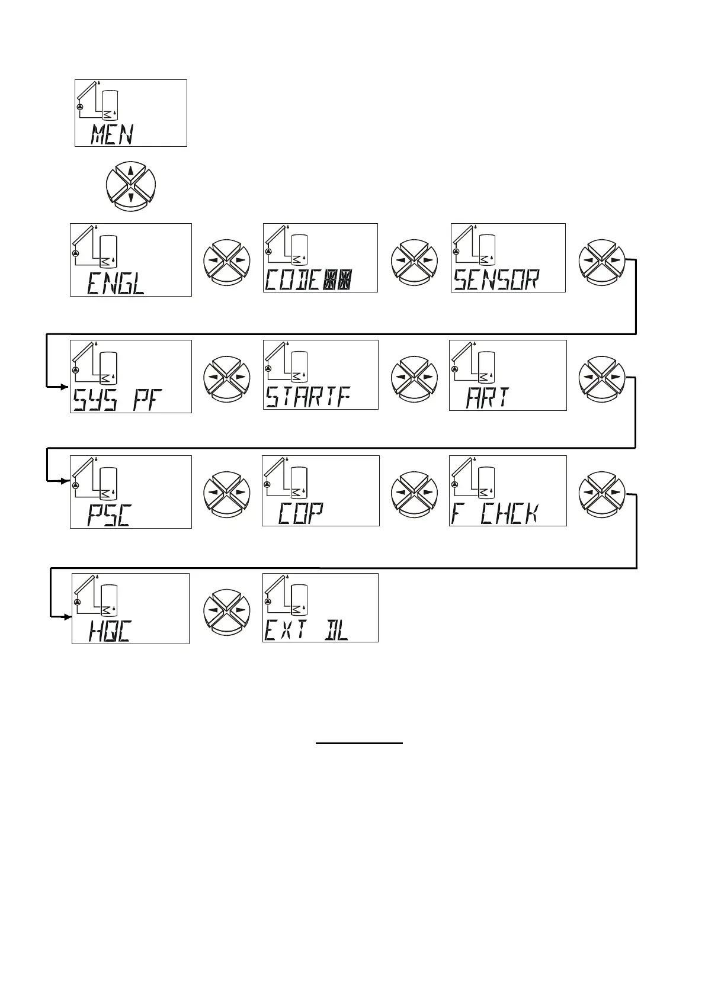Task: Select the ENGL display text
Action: (x=116, y=284)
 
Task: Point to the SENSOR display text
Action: (x=496, y=279)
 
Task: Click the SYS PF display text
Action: (x=117, y=400)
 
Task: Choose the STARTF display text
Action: (x=308, y=397)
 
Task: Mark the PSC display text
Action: (x=110, y=515)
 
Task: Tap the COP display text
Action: (x=301, y=513)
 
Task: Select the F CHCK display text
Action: (x=495, y=513)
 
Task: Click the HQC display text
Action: (x=110, y=631)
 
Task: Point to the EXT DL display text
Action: (x=306, y=630)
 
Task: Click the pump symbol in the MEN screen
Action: (x=81, y=106)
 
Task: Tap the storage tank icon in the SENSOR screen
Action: (x=487, y=249)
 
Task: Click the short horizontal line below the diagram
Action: (x=359, y=742)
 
